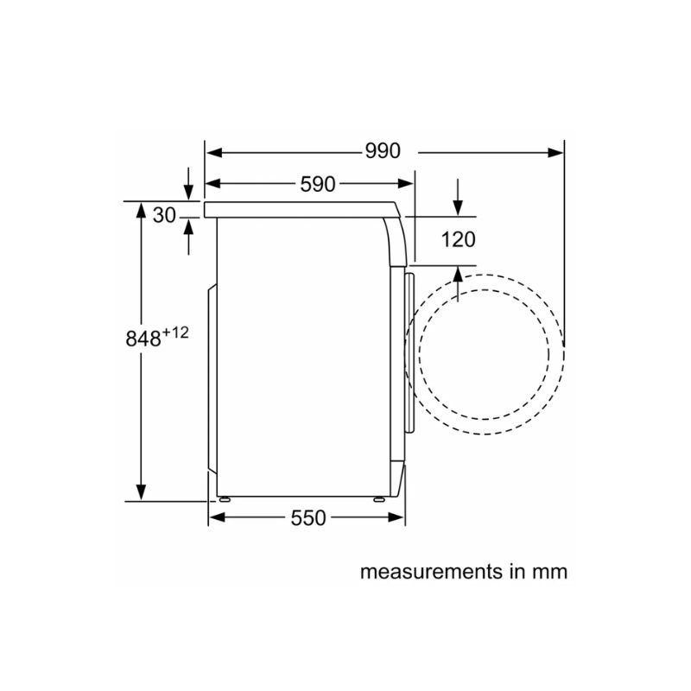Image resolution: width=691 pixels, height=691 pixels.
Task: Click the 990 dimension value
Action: [383, 151]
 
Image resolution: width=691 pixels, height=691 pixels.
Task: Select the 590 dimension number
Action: [318, 184]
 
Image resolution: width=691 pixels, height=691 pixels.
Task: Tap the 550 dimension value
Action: [308, 517]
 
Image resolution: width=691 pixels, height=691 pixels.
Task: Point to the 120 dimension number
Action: [459, 240]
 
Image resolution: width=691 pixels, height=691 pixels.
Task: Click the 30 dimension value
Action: [164, 215]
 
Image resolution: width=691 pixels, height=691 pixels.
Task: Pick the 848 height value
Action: [143, 339]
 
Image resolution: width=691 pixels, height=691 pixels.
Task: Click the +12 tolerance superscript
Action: [175, 333]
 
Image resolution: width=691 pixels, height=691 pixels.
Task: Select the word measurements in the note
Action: [431, 572]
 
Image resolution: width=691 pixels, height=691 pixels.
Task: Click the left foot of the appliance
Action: [225, 499]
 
